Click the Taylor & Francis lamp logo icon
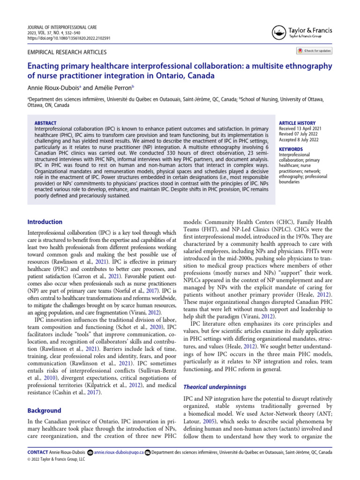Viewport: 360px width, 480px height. click(278, 31)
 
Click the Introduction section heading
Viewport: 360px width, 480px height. click(45, 222)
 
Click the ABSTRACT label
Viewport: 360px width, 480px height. click(45, 122)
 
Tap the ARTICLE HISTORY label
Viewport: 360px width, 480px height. click(297, 123)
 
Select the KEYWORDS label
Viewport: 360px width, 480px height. click(291, 149)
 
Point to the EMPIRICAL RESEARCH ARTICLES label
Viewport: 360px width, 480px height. click(67, 52)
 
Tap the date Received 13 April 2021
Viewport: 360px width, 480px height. click(300, 128)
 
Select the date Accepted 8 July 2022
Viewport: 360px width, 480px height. click(299, 139)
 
